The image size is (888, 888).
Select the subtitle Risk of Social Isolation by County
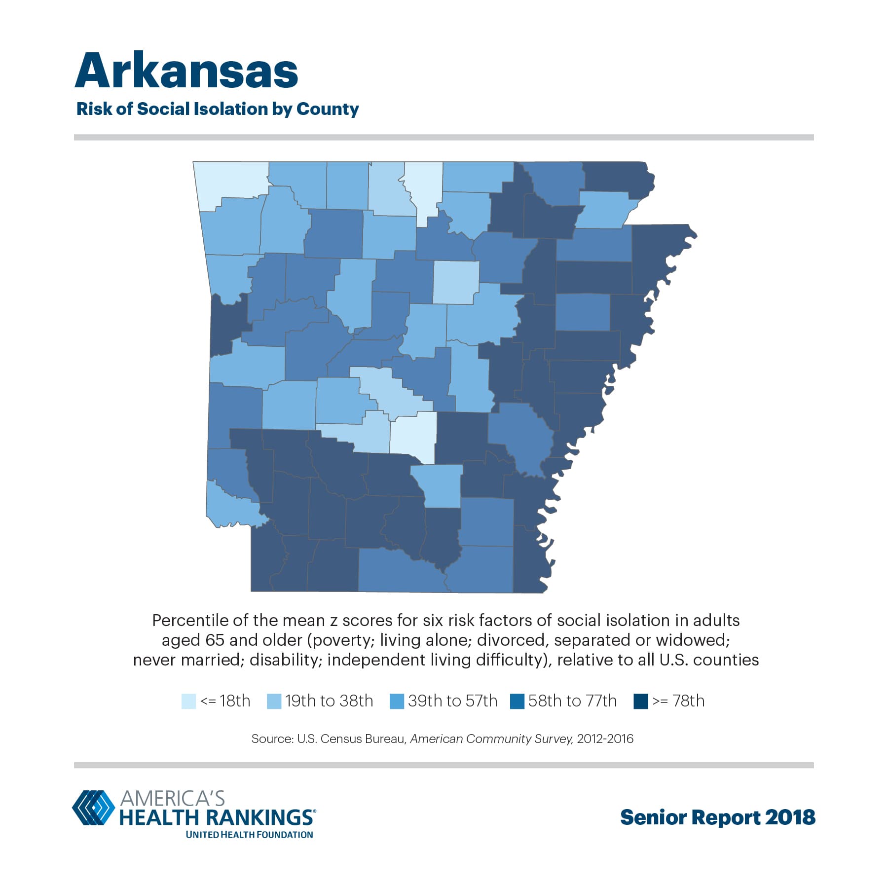tap(218, 109)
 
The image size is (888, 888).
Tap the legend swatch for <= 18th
tap(188, 701)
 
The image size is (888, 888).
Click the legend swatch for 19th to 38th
tap(274, 701)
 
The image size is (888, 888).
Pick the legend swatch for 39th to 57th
tap(397, 701)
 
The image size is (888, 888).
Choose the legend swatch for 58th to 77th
tap(517, 701)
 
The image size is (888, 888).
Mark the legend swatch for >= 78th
tap(640, 701)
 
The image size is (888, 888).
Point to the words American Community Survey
tap(491, 739)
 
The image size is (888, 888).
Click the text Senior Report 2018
tap(717, 817)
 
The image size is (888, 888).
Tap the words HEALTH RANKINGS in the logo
tap(216, 817)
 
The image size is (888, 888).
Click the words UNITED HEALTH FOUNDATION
tap(249, 835)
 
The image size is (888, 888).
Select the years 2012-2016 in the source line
tap(605, 739)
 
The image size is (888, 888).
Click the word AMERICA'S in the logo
tap(172, 798)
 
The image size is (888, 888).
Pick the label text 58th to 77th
tap(572, 701)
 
